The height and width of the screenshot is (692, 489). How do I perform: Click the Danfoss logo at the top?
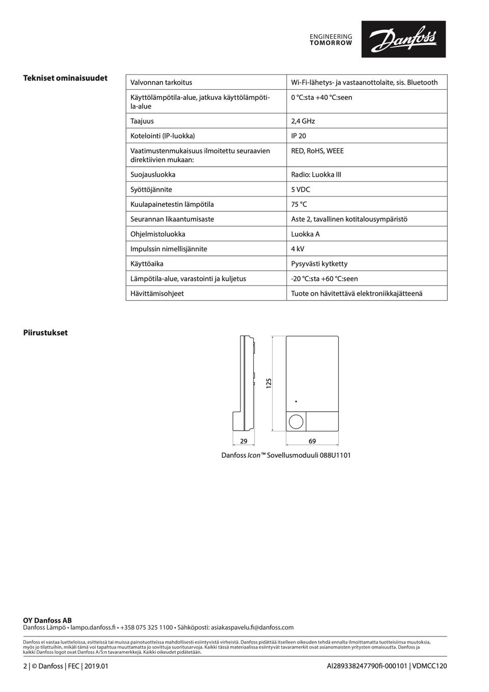pos(403,39)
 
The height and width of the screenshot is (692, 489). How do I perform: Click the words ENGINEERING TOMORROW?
pos(331,40)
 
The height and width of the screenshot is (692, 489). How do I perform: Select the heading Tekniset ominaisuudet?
pos(65,78)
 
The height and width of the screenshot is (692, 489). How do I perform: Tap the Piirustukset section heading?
pos(45,333)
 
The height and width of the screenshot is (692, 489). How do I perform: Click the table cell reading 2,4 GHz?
pos(303,121)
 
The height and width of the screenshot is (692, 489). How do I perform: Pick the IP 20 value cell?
pos(298,136)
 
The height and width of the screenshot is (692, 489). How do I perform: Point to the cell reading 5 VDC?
pos(301,190)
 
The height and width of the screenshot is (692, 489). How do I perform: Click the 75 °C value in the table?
pos(299,204)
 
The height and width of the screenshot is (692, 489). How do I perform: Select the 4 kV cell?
pos(297,249)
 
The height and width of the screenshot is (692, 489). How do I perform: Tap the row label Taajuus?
pos(142,121)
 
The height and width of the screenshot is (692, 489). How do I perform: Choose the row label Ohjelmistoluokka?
pos(158,234)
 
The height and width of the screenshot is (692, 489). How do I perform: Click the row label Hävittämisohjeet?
pos(157,294)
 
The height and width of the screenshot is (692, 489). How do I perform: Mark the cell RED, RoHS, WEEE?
pos(317,151)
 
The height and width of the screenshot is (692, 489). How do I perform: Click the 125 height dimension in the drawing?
pos(268,383)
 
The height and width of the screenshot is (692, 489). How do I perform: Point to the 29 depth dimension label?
pos(243,441)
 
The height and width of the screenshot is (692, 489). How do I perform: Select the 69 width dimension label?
pos(312,441)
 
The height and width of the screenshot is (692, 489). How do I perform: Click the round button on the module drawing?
pos(296,422)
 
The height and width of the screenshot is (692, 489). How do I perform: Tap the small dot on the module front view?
pos(296,402)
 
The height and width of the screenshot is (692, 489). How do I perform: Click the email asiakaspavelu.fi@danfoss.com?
pos(252,628)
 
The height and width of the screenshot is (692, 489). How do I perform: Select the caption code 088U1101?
pos(335,456)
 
